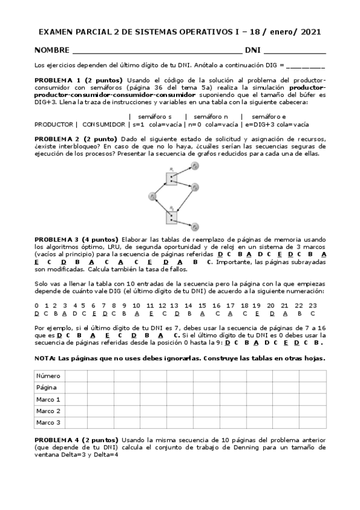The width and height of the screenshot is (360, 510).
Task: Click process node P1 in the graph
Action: coord(152,196)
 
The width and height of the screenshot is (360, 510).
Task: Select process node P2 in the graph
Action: coord(195,165)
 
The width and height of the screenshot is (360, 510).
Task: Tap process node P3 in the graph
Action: coord(195,187)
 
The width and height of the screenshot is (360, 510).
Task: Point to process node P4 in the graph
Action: coord(195,227)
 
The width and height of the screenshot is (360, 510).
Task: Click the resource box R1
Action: coord(171,179)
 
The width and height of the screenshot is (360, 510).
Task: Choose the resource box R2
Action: coord(171,217)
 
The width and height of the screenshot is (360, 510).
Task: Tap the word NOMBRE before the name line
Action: coord(52,51)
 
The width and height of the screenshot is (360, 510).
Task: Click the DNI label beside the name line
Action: coord(252,51)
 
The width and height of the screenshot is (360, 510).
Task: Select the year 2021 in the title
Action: coord(310,32)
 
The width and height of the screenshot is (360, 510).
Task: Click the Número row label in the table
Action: coord(48,375)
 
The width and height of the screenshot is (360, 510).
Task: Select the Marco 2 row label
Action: coord(48,411)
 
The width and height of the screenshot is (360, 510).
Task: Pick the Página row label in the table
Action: coord(47,387)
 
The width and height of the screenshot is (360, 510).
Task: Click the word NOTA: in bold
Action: coord(44,358)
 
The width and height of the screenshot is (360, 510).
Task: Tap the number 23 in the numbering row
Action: coord(312,305)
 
